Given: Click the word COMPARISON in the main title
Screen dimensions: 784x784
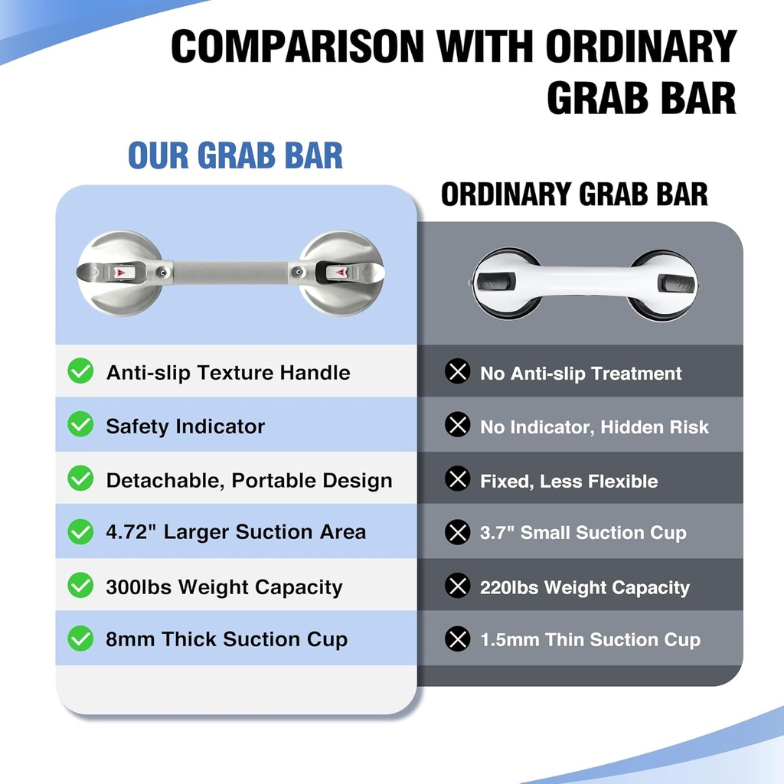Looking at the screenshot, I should (x=297, y=47).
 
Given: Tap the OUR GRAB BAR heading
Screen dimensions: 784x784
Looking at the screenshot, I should (x=235, y=155).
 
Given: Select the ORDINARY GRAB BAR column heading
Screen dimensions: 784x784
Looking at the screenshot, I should (x=574, y=194).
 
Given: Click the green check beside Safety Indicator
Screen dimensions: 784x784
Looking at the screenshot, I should (x=80, y=426).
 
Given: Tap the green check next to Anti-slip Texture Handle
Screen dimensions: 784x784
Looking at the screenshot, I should (x=80, y=372).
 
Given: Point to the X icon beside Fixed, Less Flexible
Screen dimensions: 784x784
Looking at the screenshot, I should (x=457, y=480).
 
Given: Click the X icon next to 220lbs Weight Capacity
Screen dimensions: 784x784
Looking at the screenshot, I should (x=457, y=587).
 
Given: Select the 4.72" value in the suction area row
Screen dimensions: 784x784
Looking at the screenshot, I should (x=131, y=531).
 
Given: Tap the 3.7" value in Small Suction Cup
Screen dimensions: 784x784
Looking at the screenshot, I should (x=497, y=533).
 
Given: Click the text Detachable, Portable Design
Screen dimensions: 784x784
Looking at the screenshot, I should (x=249, y=481).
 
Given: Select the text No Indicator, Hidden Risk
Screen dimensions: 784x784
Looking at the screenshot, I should (x=594, y=427).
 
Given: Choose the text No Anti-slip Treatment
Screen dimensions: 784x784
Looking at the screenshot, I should (x=580, y=374).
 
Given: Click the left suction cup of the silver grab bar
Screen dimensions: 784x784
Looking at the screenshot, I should (x=120, y=273).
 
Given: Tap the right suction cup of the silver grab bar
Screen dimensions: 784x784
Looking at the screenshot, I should (x=340, y=273).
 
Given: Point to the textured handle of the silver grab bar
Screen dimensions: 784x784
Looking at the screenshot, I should (x=230, y=272).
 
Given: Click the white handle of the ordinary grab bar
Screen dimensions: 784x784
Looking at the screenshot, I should (x=583, y=280).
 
